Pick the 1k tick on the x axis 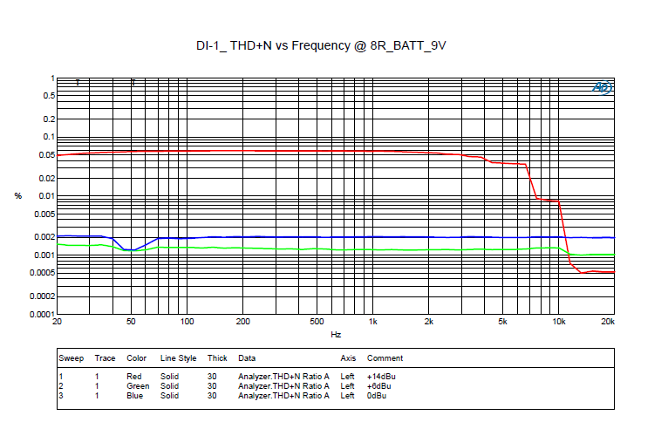pyautogui.click(x=372, y=323)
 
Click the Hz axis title pyautogui.click(x=336, y=335)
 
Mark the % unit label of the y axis pyautogui.click(x=18, y=196)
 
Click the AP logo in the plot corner pyautogui.click(x=603, y=87)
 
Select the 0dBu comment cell pyautogui.click(x=377, y=396)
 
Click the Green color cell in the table pyautogui.click(x=138, y=386)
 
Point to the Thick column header pyautogui.click(x=217, y=358)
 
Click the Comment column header pyautogui.click(x=385, y=358)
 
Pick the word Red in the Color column pyautogui.click(x=134, y=376)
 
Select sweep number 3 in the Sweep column pyautogui.click(x=61, y=396)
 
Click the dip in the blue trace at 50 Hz pyautogui.click(x=131, y=250)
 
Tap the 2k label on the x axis pyautogui.click(x=428, y=323)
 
